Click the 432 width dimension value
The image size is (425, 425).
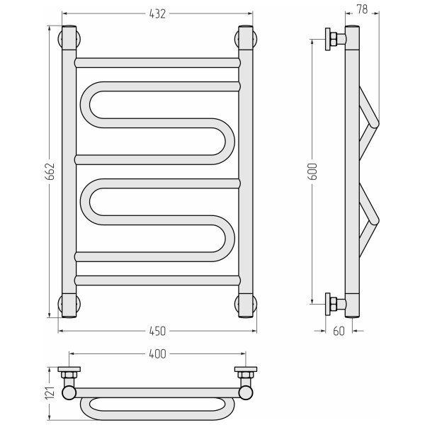click(157, 14)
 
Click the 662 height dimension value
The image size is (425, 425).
click(50, 171)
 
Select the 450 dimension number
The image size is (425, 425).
click(157, 331)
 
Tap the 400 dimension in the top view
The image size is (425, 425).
click(157, 354)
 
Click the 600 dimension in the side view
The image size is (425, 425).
click(313, 171)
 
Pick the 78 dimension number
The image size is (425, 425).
click(362, 9)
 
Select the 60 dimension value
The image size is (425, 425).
click(339, 331)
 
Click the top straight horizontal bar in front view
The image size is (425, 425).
click(157, 63)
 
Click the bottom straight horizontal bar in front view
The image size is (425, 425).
click(157, 280)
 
